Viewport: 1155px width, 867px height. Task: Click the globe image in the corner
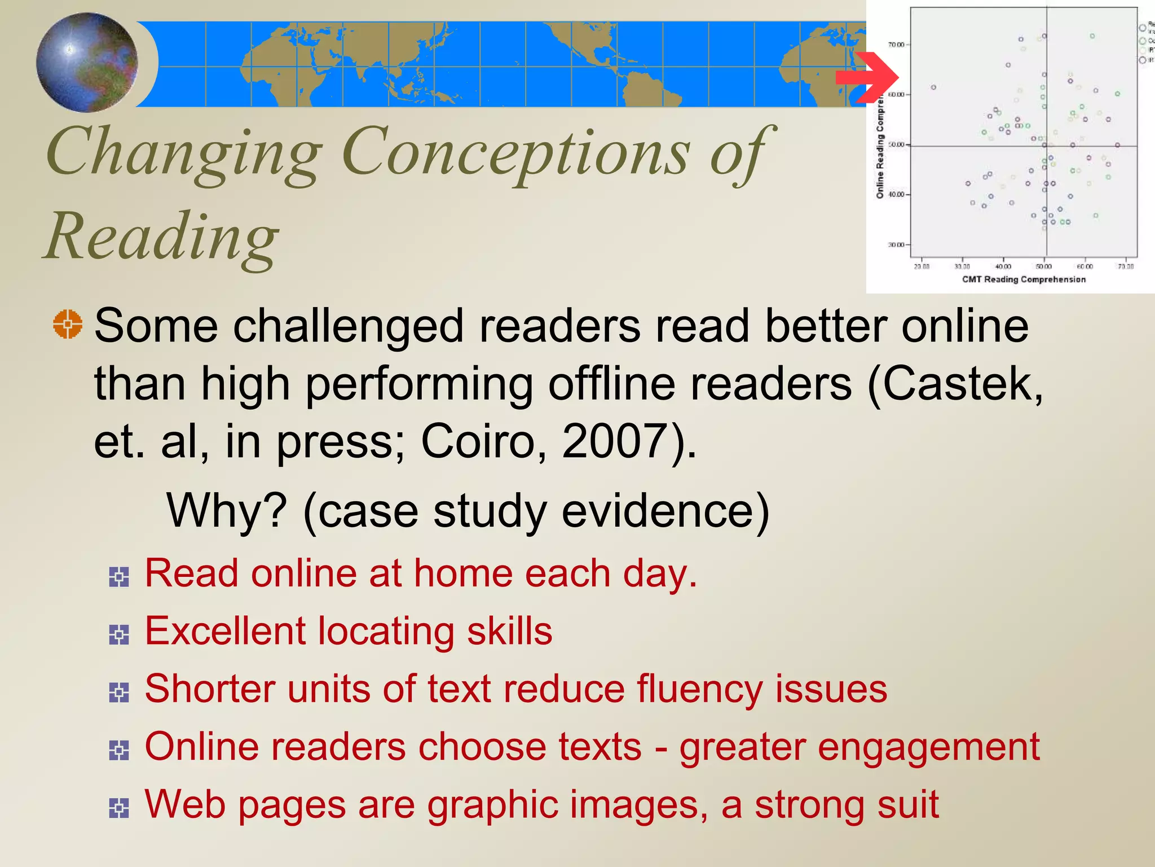[87, 62]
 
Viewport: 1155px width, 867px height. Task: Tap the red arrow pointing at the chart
[866, 77]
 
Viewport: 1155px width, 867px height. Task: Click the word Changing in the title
[184, 152]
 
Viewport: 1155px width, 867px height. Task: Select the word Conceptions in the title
[515, 152]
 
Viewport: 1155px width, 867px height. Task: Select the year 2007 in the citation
[615, 441]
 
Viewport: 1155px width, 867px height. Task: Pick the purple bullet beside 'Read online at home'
[119, 577]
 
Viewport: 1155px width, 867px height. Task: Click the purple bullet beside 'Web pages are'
[119, 808]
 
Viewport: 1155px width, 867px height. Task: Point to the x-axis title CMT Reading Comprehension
[1024, 279]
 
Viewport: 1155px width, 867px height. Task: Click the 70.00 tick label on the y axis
[896, 45]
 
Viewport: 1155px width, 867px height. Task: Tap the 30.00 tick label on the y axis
[896, 245]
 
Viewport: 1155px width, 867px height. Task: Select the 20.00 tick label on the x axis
[922, 266]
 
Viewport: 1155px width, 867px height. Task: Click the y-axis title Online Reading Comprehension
[880, 147]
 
